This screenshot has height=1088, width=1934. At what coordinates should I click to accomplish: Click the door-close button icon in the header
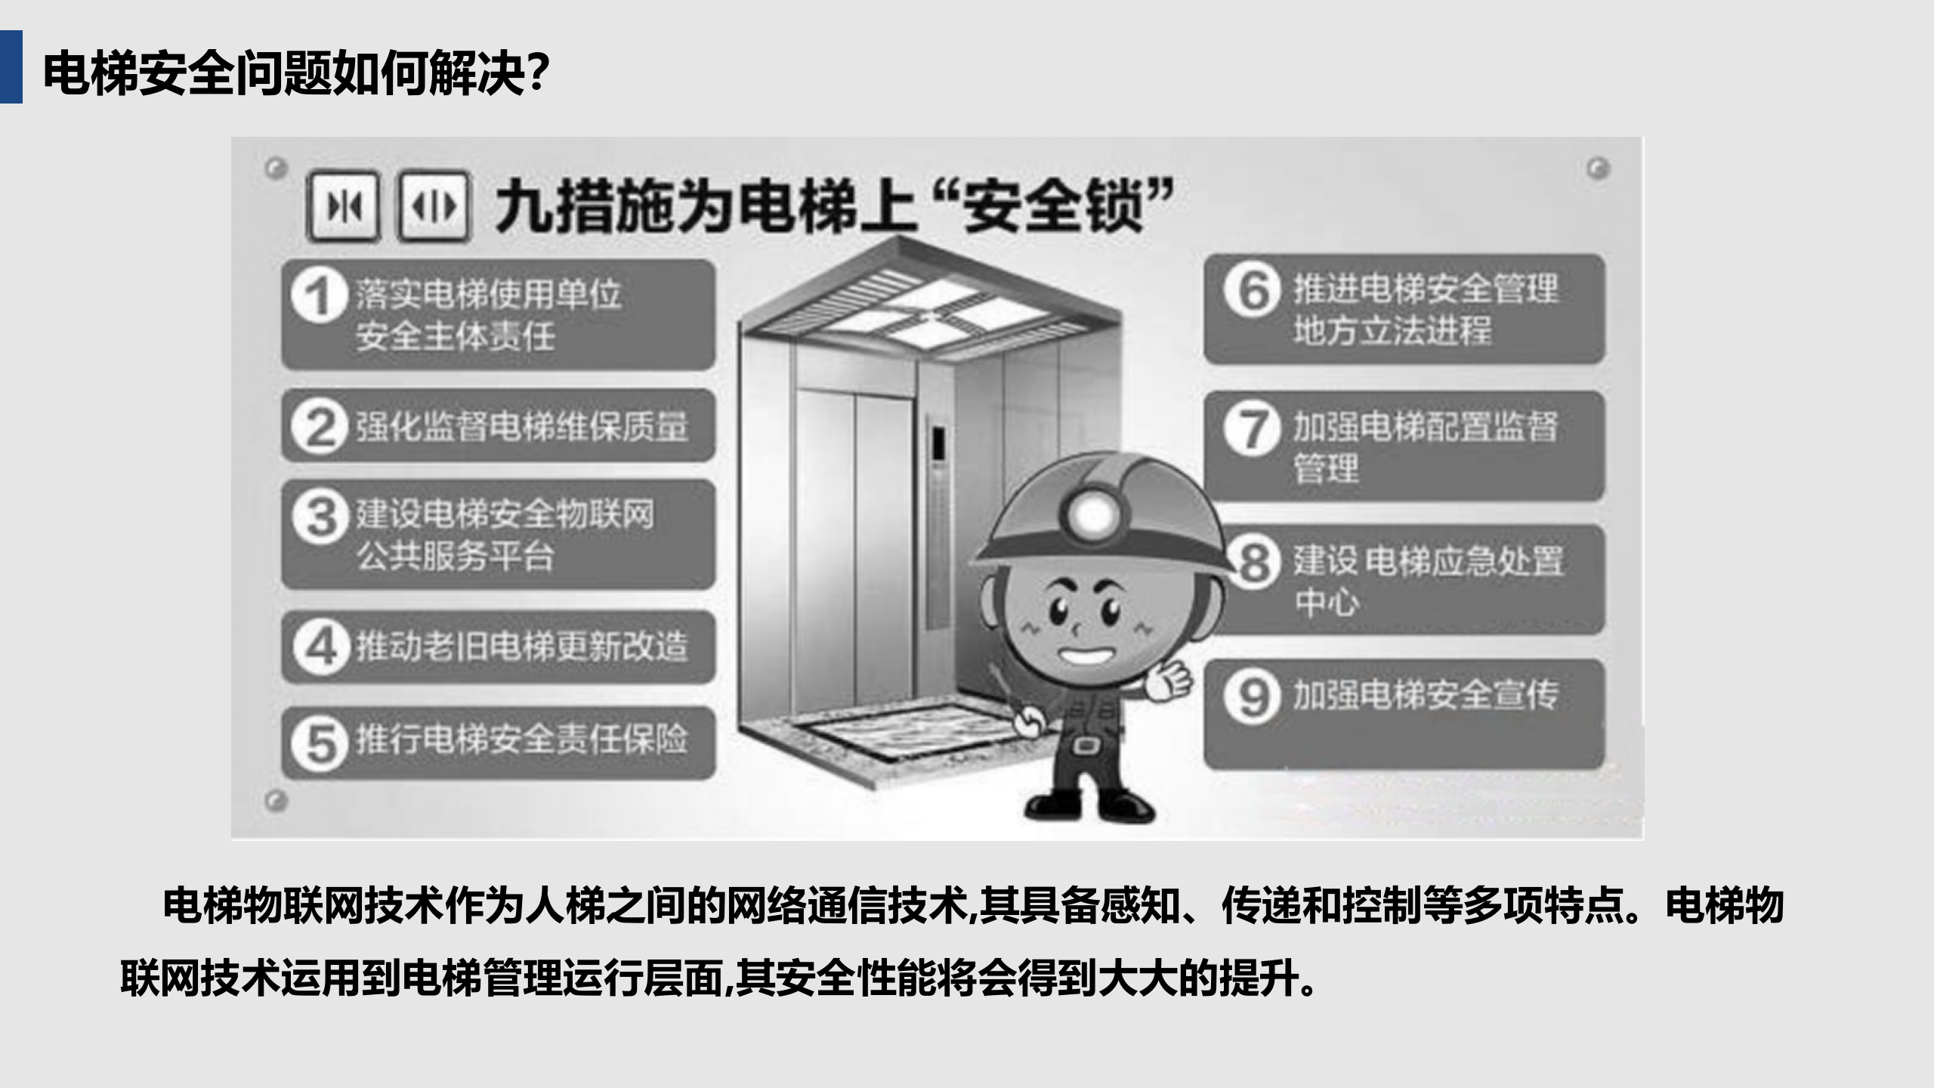pos(343,206)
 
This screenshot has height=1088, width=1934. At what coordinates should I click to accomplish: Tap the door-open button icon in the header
pos(434,206)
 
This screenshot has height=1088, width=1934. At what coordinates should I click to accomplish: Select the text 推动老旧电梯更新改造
pos(522,648)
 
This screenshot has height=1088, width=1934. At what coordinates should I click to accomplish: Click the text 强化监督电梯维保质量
pos(522,427)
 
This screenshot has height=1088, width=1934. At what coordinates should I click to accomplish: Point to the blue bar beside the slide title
pos(11,66)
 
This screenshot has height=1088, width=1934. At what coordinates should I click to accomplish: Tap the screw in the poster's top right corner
pos(1597,168)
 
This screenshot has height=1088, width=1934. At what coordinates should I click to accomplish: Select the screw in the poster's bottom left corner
pos(277,799)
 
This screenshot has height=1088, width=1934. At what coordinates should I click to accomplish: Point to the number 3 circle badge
pos(320,518)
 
